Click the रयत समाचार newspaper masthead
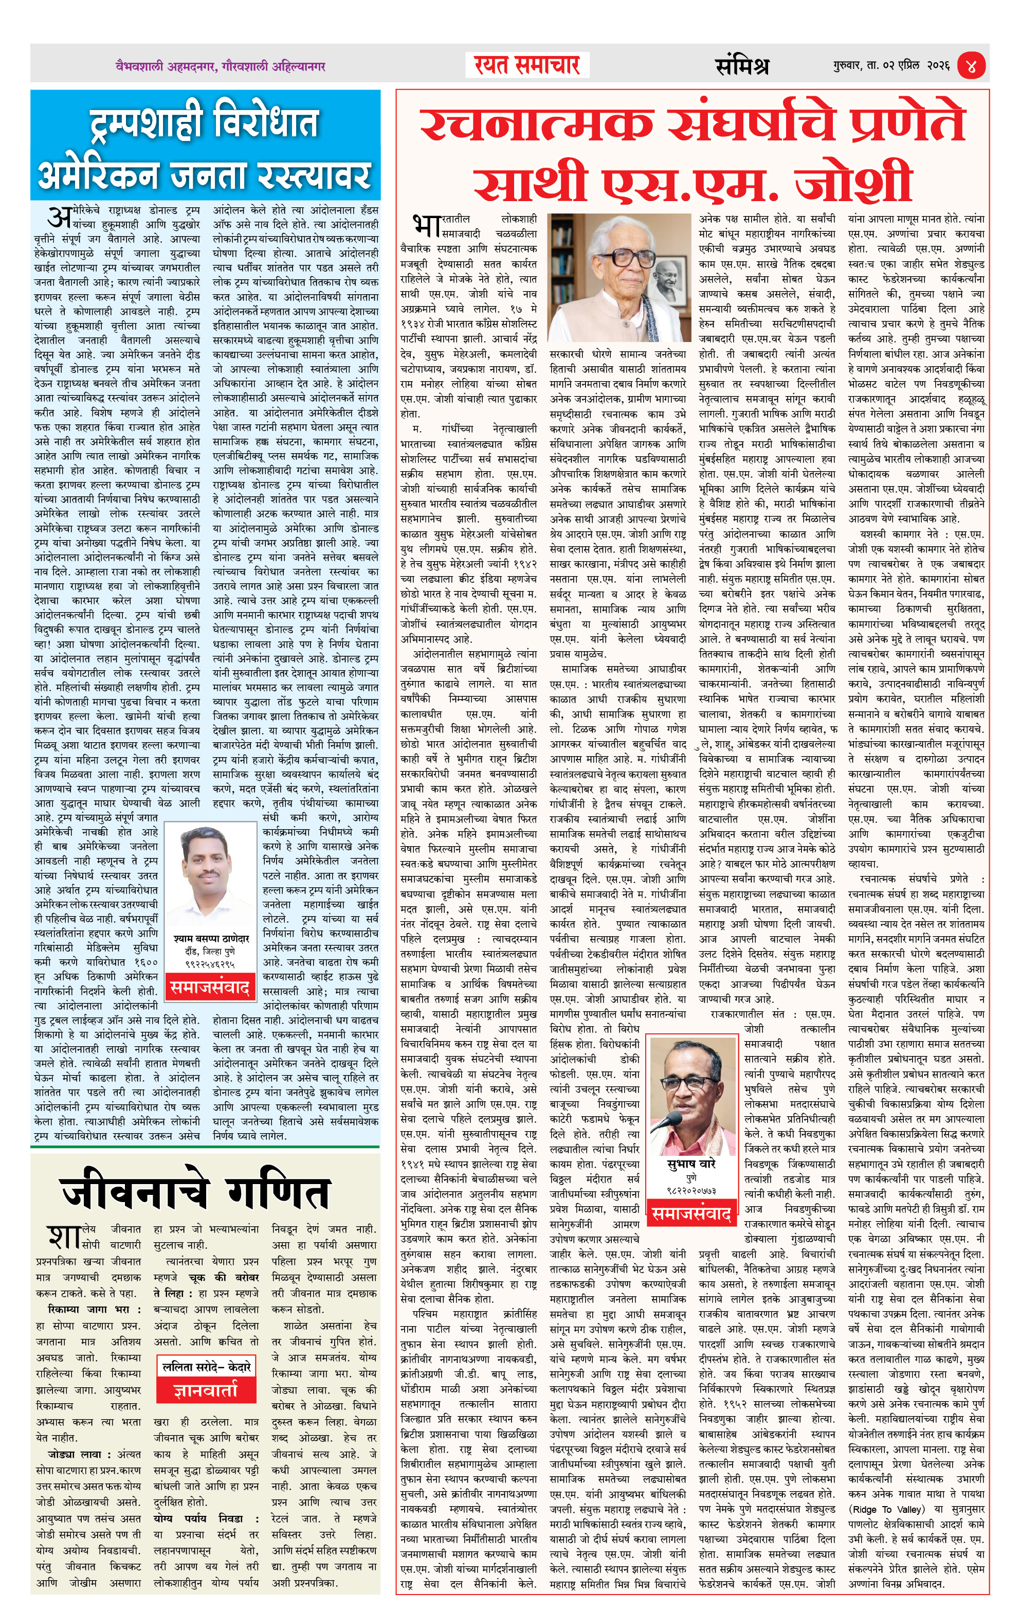[527, 65]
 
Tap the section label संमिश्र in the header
[742, 65]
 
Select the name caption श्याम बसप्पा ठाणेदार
[211, 939]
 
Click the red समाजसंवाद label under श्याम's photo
[210, 987]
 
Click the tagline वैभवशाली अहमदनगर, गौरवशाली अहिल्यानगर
[220, 66]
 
